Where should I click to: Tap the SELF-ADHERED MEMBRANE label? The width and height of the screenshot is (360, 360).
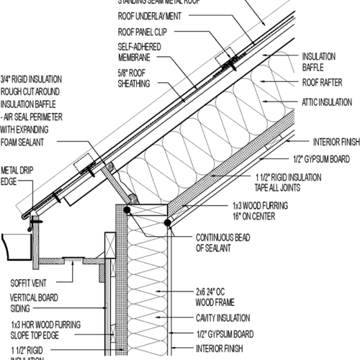tap(134, 53)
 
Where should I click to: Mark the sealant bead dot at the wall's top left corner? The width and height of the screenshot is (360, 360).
tap(127, 210)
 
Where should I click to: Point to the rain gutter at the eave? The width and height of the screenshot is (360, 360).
tap(18, 245)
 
